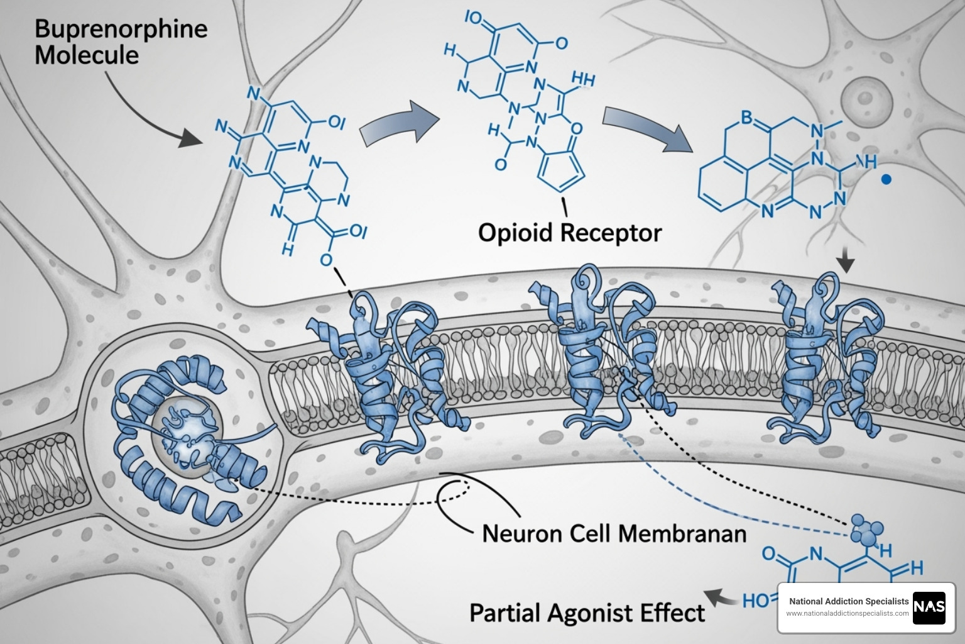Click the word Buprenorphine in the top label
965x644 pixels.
tap(121, 30)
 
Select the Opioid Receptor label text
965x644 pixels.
tap(569, 233)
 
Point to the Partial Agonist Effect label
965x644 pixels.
tap(587, 612)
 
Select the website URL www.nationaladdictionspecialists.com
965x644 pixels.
tap(848, 613)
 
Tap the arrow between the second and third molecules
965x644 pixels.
tap(647, 129)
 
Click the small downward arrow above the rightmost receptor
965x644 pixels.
tap(846, 261)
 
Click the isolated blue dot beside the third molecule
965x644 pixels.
tap(886, 180)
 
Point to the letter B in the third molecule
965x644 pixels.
tap(746, 117)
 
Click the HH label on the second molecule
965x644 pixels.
tap(584, 79)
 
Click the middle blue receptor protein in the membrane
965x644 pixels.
tap(597, 358)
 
